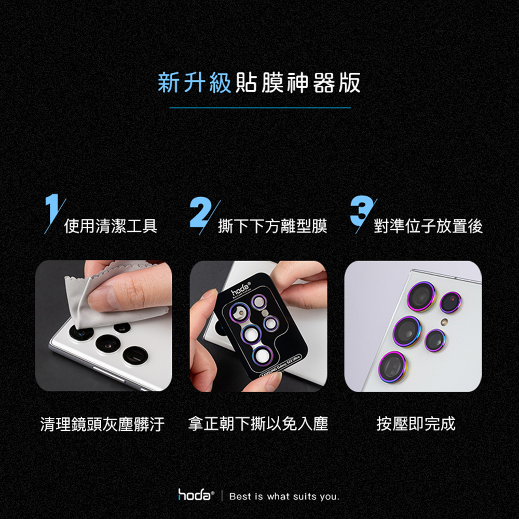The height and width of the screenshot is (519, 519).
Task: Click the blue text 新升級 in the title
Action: coord(194,83)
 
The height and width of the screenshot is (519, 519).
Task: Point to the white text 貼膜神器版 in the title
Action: coord(298,83)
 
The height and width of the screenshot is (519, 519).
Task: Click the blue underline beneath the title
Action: coord(260,108)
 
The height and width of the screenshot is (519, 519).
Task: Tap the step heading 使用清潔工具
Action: coord(111,226)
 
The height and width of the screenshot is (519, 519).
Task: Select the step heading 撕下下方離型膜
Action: coord(272,226)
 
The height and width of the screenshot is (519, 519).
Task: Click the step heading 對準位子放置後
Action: coord(428,226)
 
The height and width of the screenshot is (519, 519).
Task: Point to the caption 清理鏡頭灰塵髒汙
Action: coord(102,424)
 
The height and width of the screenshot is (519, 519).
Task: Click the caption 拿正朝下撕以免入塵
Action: coord(258,424)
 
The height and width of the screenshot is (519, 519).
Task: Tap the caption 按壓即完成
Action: coord(416,424)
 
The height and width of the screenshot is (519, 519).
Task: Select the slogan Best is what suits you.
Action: coord(284,497)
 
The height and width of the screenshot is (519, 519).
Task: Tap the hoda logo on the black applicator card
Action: coord(241,290)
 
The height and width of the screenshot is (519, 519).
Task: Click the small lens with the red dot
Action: coord(450,302)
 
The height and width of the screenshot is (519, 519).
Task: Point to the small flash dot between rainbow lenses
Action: coord(445,321)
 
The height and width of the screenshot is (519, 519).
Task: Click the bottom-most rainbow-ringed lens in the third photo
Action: coord(393,367)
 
